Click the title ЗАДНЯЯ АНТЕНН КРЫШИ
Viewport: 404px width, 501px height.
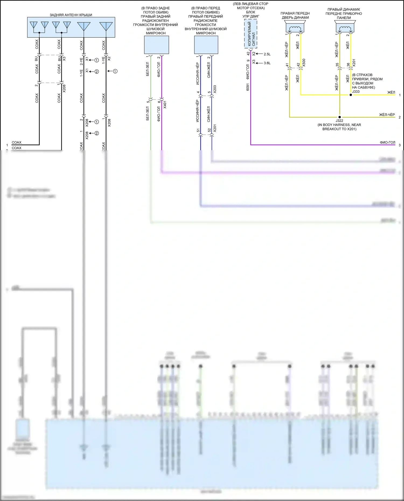point(71,15)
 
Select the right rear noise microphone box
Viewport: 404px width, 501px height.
point(156,45)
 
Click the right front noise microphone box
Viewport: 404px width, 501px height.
point(206,45)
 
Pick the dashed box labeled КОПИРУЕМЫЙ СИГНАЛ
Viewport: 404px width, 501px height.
point(251,34)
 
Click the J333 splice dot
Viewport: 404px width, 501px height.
point(351,95)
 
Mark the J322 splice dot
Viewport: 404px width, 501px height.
point(340,117)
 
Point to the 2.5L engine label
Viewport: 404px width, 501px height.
point(267,54)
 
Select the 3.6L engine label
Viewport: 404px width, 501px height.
point(267,63)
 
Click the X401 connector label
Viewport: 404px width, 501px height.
point(165,105)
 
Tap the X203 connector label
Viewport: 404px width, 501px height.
point(215,89)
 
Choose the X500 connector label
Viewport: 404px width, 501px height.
point(304,63)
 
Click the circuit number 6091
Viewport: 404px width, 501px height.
point(248,87)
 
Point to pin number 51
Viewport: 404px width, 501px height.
point(198,131)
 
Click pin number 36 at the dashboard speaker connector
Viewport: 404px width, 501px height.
point(348,65)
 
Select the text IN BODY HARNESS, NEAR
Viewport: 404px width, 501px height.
point(339,125)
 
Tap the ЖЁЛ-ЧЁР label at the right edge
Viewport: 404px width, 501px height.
point(387,115)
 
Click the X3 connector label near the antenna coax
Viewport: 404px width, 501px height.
point(64,58)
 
